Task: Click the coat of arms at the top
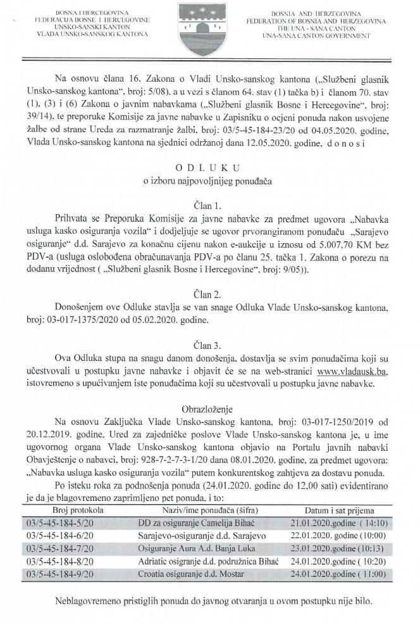209,21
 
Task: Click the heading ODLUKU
209,169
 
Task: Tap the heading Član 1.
209,205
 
